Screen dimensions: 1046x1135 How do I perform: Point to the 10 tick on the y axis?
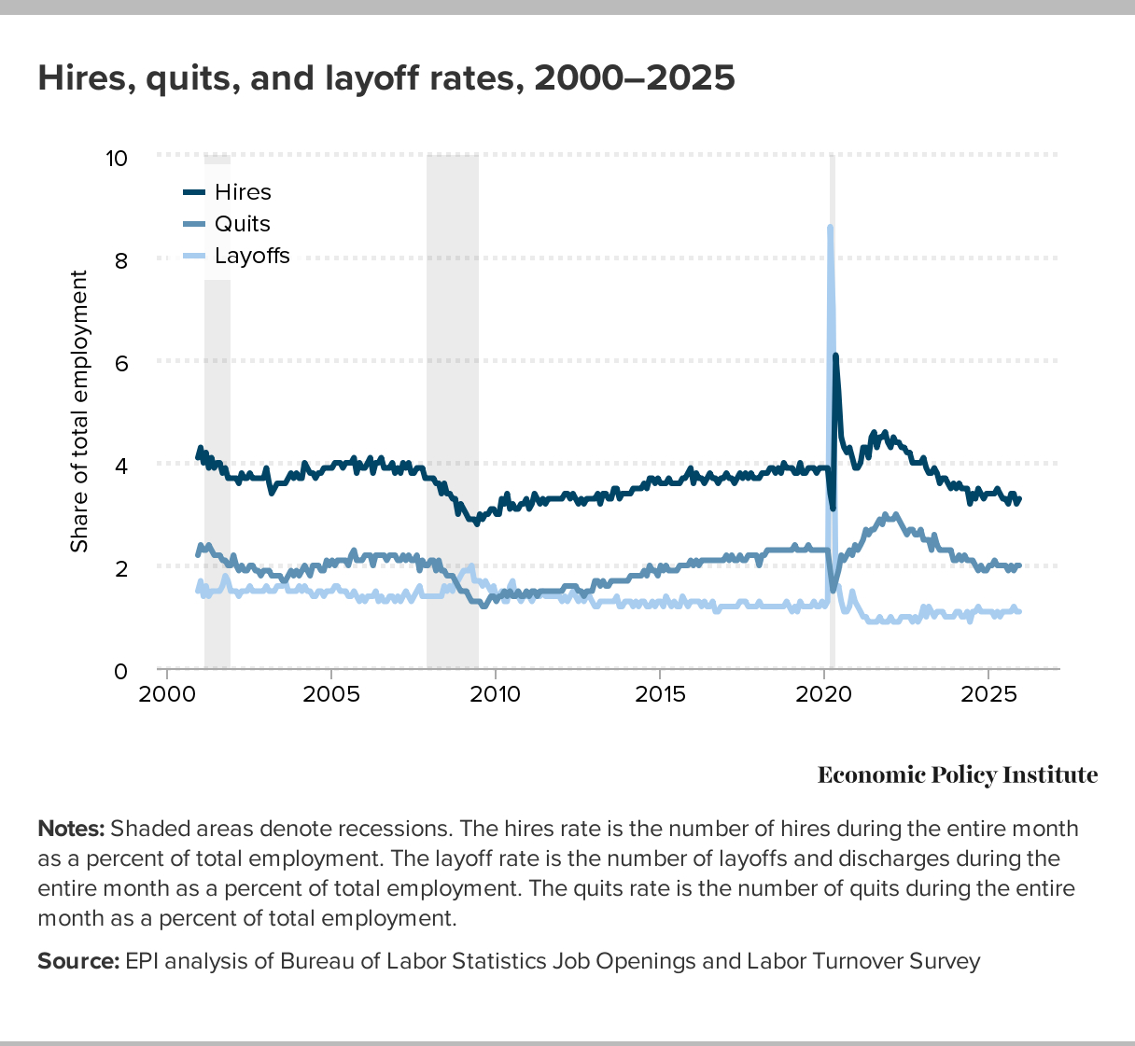117,158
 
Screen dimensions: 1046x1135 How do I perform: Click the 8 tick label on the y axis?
120,260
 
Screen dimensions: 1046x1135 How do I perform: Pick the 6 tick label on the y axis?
120,362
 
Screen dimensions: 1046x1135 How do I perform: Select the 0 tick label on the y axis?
120,671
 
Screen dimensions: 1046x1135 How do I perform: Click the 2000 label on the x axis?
167,695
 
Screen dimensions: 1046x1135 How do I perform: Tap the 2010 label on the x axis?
496,695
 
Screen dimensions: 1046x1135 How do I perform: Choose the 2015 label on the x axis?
660,695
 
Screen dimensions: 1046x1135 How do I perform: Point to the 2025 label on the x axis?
988,695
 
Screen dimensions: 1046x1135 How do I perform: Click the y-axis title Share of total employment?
79,411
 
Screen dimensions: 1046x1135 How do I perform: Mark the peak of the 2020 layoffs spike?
830,227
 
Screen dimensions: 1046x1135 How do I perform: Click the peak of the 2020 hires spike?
835,356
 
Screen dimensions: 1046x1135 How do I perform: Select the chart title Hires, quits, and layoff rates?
386,77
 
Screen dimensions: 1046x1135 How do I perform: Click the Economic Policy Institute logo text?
958,774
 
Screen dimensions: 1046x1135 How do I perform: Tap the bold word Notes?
71,829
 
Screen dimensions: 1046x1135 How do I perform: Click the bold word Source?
78,961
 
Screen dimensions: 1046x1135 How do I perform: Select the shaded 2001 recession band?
217,411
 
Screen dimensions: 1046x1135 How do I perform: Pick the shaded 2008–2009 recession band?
453,411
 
